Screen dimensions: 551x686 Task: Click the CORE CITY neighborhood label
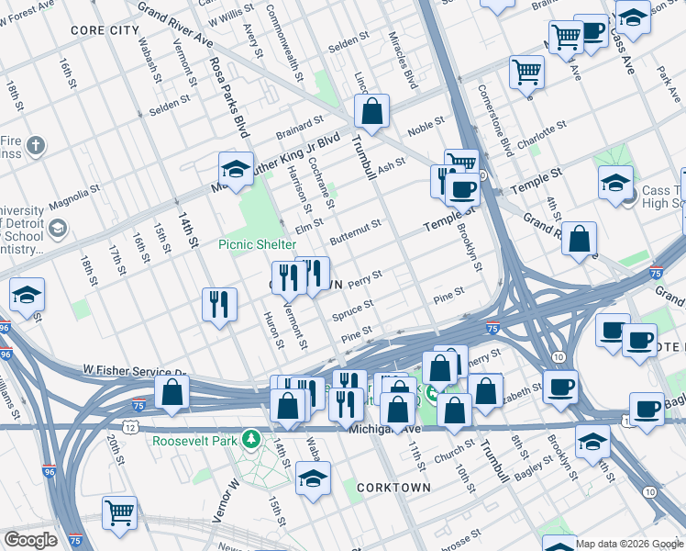coord(105,30)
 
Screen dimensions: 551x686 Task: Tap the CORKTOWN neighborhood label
coord(393,487)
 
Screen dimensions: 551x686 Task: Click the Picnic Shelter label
coord(257,244)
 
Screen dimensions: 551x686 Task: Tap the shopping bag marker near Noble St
coord(372,113)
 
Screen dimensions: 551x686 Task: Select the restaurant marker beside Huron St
coord(219,304)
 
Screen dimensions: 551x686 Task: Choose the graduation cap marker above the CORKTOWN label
coord(314,478)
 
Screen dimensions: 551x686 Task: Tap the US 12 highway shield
coord(131,428)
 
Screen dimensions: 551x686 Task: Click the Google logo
coord(30,540)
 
